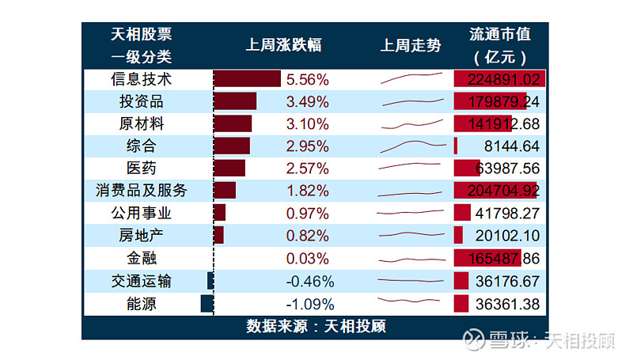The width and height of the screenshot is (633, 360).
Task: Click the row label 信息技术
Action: (x=141, y=79)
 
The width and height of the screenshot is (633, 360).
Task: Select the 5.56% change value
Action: (x=307, y=79)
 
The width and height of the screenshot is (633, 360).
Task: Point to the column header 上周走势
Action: (x=411, y=46)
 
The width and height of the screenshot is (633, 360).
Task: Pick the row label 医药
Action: (x=141, y=168)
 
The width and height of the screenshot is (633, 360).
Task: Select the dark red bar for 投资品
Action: (x=235, y=101)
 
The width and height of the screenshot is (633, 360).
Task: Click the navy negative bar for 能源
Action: (x=207, y=304)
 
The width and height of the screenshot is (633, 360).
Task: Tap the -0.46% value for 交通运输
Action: (x=310, y=282)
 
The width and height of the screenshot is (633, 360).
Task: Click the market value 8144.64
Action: (x=510, y=146)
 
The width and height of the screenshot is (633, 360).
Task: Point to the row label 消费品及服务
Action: (x=141, y=191)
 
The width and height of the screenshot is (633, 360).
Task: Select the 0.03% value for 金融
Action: (x=307, y=259)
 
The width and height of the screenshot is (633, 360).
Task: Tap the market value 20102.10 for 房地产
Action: (x=507, y=236)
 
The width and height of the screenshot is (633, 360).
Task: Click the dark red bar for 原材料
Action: (x=233, y=123)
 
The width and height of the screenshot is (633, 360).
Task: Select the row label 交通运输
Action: (x=141, y=282)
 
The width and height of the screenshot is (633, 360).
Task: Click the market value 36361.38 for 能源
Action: (x=507, y=304)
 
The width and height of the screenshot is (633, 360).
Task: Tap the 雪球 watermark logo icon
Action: (x=474, y=340)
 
